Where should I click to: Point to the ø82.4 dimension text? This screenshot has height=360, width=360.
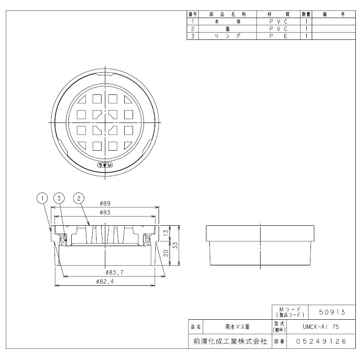coord(105,282)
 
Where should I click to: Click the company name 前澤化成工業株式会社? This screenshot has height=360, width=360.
coord(230,341)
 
